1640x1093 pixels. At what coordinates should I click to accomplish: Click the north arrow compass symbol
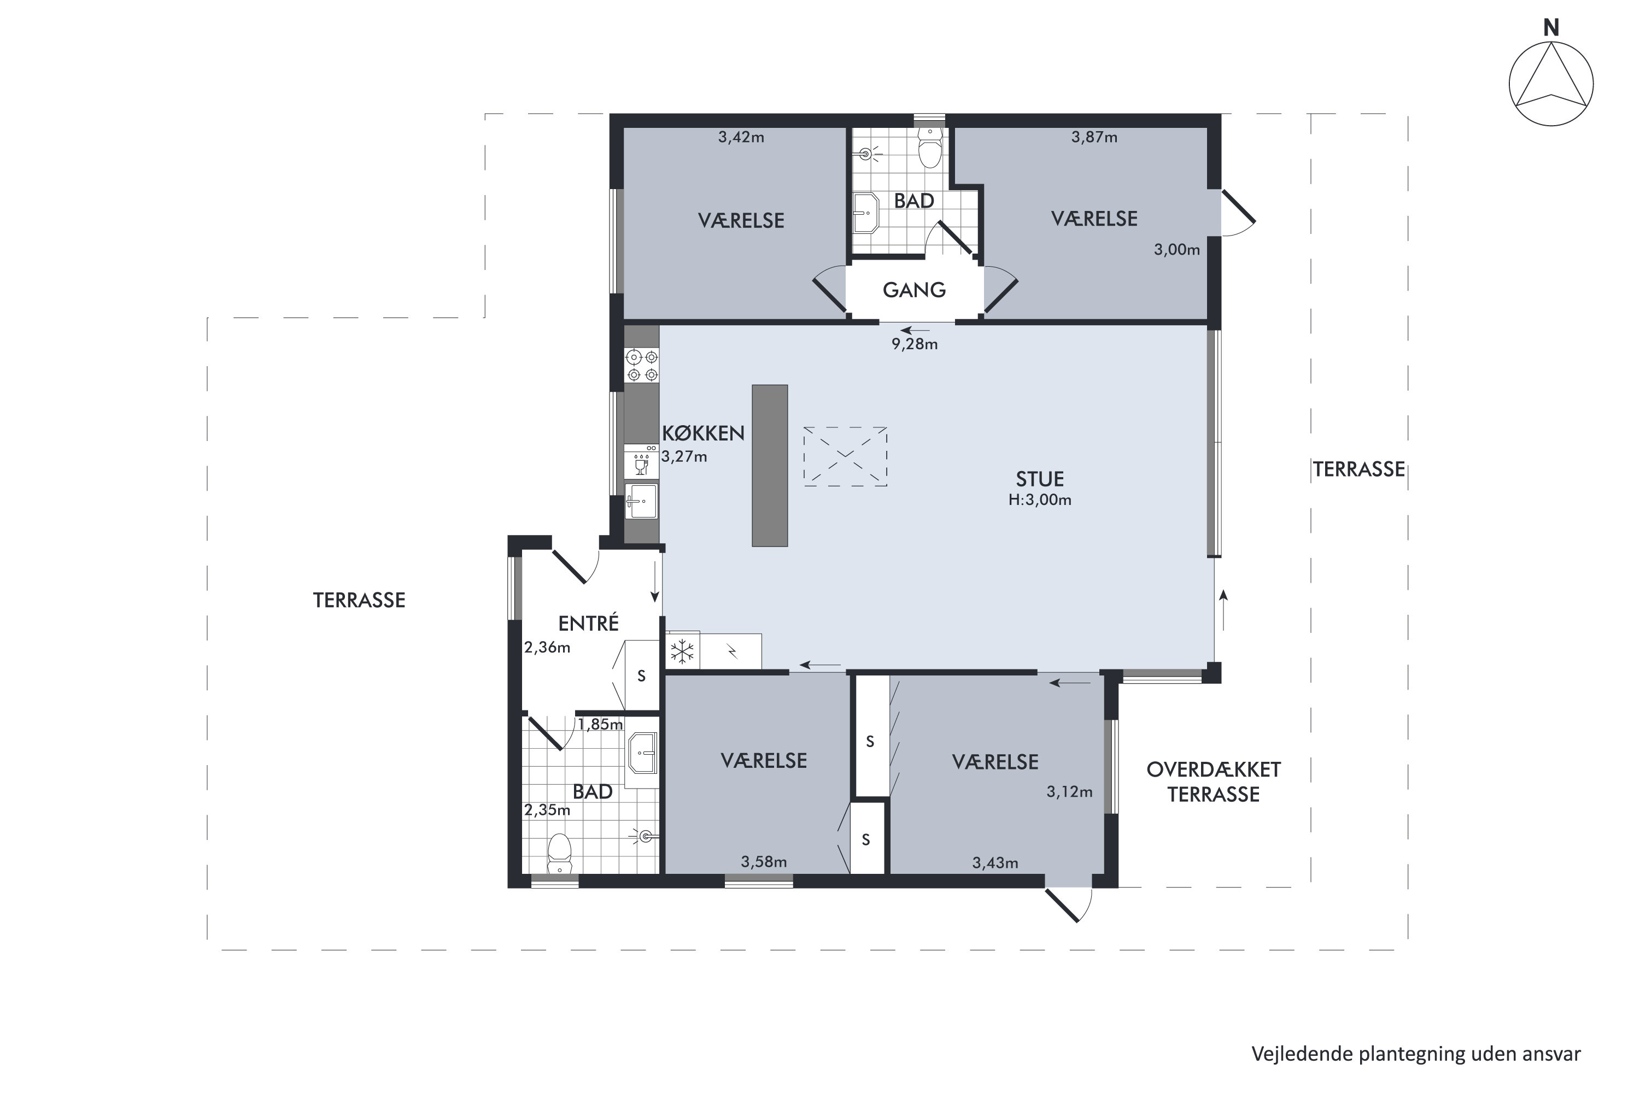(1551, 84)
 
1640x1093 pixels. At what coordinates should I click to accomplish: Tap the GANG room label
(914, 290)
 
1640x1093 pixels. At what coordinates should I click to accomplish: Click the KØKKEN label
(703, 433)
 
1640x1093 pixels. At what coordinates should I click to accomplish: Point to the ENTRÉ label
(589, 623)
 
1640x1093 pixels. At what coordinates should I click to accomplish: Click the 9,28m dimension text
(914, 344)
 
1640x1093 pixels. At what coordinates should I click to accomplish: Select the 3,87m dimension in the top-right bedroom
(1094, 137)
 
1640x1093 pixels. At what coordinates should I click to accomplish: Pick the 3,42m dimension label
(741, 137)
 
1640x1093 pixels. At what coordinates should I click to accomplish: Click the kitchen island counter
(770, 466)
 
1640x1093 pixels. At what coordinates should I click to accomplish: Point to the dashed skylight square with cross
(845, 456)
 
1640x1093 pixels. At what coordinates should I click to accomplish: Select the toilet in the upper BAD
(930, 146)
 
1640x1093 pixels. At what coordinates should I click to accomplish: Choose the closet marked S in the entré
(641, 675)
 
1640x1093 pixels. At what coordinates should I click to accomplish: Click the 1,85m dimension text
(600, 724)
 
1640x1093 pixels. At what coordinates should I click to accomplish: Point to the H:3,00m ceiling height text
(1040, 500)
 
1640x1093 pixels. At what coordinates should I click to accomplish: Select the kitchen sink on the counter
(641, 502)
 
